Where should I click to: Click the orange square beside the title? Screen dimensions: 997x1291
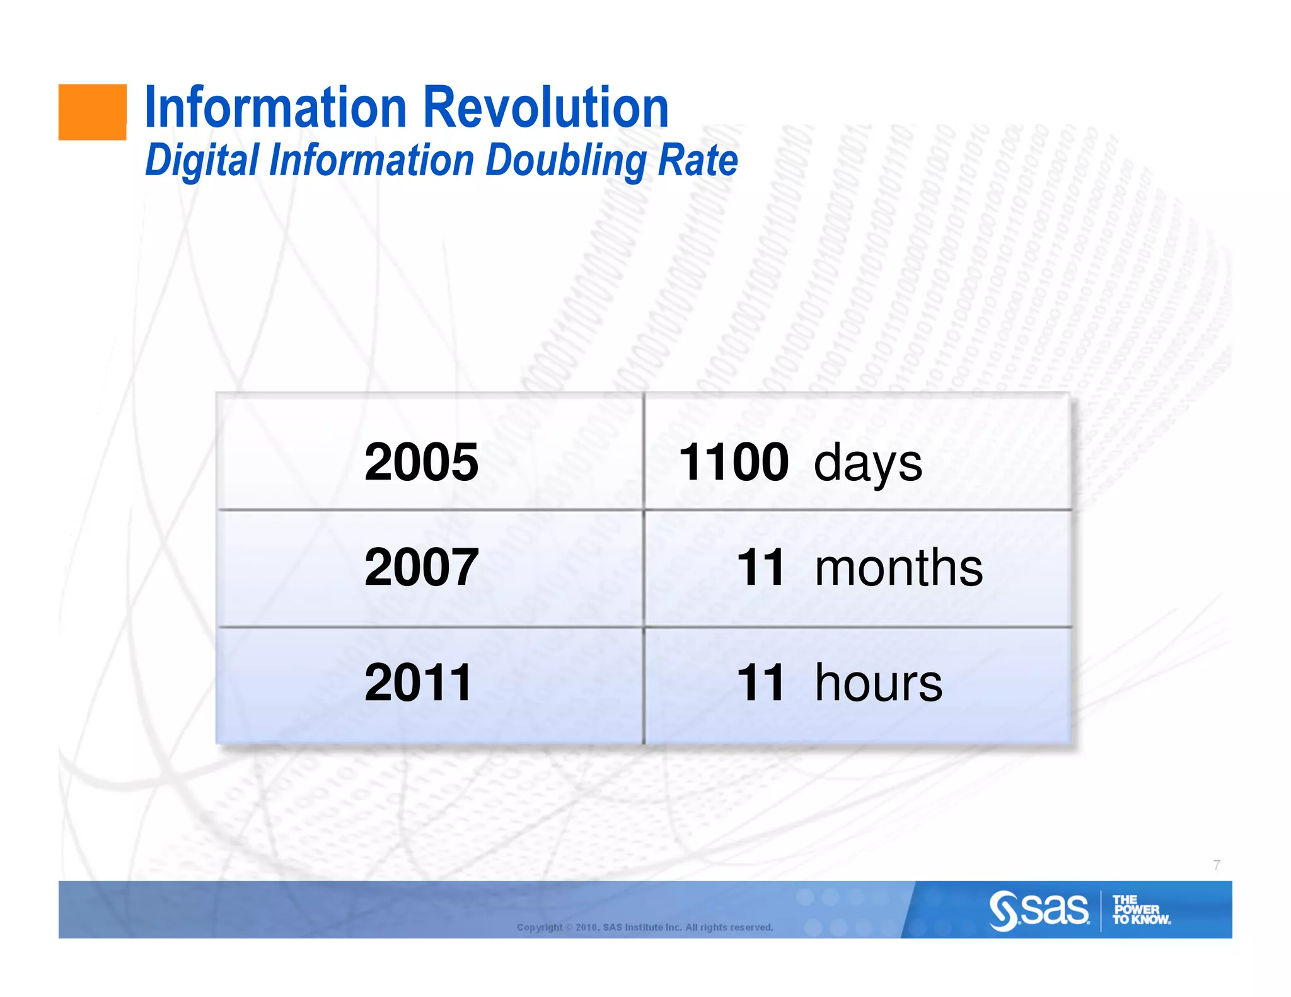point(92,112)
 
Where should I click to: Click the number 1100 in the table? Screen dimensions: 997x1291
point(733,462)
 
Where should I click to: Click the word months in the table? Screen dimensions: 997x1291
point(898,567)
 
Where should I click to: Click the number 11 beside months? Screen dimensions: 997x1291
point(761,567)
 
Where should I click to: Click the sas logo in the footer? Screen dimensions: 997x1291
point(1039,910)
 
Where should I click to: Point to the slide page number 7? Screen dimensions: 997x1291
point(1217,865)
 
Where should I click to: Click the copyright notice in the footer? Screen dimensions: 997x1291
point(645,927)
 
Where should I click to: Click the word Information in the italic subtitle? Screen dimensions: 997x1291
point(371,160)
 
